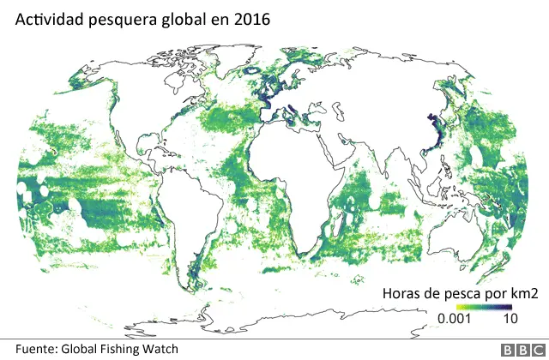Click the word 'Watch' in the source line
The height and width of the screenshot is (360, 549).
(160, 349)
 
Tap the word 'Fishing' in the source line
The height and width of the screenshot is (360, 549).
(122, 349)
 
